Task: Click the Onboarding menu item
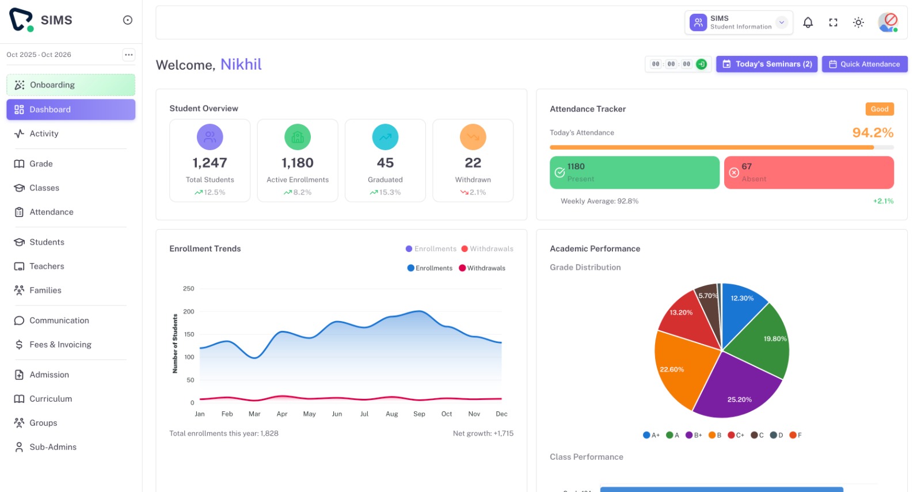pyautogui.click(x=70, y=85)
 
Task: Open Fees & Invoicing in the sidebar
pyautogui.click(x=60, y=344)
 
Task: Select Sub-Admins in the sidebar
pyautogui.click(x=53, y=447)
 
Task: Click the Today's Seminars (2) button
pyautogui.click(x=766, y=64)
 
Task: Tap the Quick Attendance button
pyautogui.click(x=864, y=64)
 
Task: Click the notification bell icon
pyautogui.click(x=808, y=22)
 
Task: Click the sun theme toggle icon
pyautogui.click(x=858, y=22)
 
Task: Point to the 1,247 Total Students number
pyautogui.click(x=210, y=163)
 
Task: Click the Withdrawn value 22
pyautogui.click(x=473, y=163)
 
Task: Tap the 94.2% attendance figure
pyautogui.click(x=872, y=132)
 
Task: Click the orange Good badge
pyautogui.click(x=879, y=109)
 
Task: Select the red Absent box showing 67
pyautogui.click(x=808, y=172)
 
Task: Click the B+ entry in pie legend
pyautogui.click(x=694, y=435)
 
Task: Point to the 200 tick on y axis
pyautogui.click(x=188, y=311)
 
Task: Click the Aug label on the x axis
pyautogui.click(x=391, y=414)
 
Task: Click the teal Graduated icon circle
pyautogui.click(x=385, y=137)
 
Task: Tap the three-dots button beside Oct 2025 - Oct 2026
pyautogui.click(x=128, y=55)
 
